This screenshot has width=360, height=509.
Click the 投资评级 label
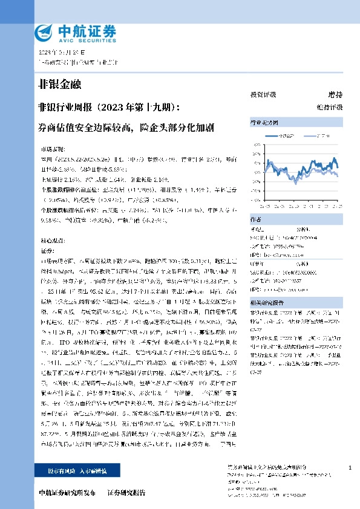point(263,95)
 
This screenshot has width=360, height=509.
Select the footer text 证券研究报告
point(126,493)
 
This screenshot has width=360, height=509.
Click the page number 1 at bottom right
point(350,468)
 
